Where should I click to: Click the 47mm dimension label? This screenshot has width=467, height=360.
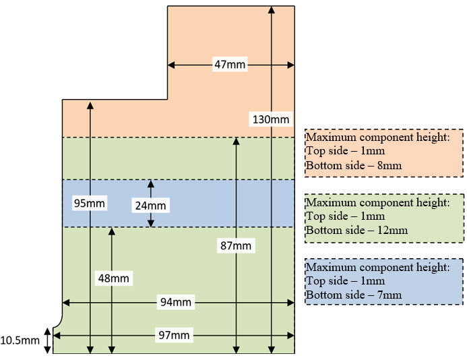[x=230, y=65]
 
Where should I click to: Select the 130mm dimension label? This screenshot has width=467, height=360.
[x=270, y=119]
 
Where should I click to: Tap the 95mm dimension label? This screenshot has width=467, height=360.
[x=90, y=202]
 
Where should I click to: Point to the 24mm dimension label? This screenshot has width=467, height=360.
[x=150, y=204]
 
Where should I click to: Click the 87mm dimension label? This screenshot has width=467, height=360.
[x=235, y=246]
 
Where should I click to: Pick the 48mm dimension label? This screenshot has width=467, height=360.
[x=113, y=277]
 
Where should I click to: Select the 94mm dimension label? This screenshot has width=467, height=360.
[x=177, y=303]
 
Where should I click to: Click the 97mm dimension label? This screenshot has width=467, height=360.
[x=177, y=335]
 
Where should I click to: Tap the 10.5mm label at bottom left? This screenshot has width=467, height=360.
[x=20, y=340]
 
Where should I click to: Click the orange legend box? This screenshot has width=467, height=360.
[x=384, y=152]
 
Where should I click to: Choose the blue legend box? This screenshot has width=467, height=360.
[x=384, y=282]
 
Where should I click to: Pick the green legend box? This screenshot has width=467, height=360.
[x=384, y=218]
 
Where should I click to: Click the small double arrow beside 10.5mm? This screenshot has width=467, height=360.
[x=47, y=340]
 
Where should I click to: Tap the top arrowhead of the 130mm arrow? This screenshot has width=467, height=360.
[x=271, y=9]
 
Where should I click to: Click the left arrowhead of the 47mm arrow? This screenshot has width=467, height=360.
[x=171, y=65]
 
